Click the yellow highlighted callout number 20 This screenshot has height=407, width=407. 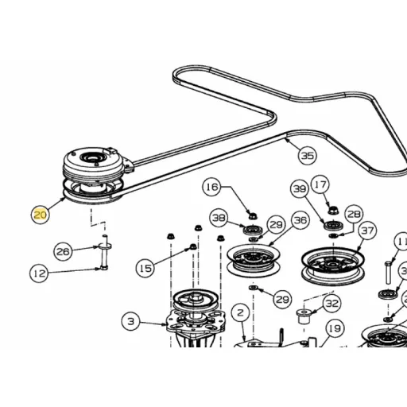41,215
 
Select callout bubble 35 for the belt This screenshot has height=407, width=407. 308,156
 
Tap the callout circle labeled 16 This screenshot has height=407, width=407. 211,187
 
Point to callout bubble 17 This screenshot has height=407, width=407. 320,184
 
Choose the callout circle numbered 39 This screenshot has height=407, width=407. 300,188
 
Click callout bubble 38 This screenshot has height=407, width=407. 219,218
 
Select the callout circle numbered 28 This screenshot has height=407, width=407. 354,214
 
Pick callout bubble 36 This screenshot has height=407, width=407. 300,220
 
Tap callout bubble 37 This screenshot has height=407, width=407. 367,231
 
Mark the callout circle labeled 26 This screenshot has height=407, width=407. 63,251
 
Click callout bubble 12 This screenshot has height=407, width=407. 39,273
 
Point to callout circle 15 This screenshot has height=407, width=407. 145,268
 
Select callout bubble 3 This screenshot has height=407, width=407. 131,321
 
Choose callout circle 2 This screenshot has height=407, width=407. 240,312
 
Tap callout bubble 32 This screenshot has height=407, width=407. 332,303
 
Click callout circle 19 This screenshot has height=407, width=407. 335,328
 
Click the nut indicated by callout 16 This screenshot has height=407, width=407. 252,215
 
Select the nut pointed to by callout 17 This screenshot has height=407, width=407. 332,211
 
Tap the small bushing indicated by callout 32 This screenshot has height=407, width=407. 304,316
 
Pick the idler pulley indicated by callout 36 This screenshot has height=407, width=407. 254,261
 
